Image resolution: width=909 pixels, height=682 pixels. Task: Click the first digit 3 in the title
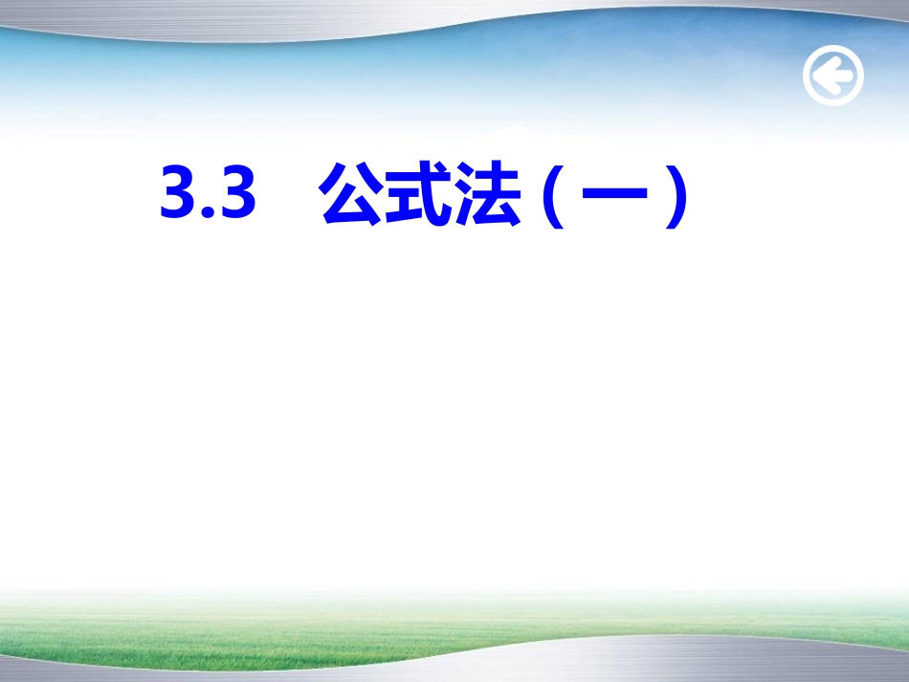[x=178, y=196]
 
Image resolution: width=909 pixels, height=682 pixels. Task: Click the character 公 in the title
[x=351, y=195]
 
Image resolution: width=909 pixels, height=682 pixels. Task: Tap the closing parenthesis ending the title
[x=678, y=197]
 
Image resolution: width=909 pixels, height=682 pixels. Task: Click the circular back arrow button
[x=832, y=76]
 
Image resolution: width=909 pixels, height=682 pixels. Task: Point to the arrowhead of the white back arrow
[x=821, y=76]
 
